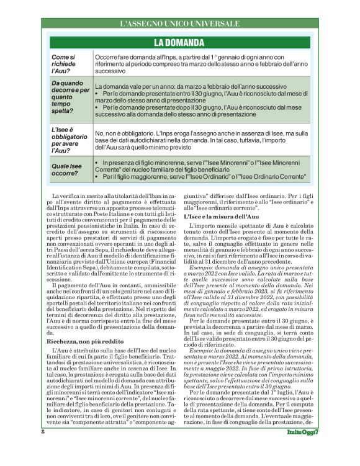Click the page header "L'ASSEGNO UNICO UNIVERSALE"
pyautogui.click(x=179, y=24)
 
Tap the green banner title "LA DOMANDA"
pyautogui.click(x=179, y=43)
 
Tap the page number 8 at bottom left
pyautogui.click(x=43, y=449)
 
